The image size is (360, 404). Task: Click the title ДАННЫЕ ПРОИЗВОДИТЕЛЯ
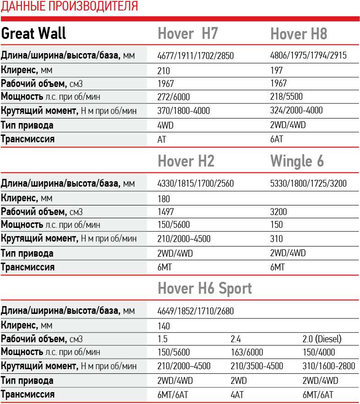pos(69,6)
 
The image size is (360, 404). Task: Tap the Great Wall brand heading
pos(34,33)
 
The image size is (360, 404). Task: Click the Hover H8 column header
pos(299,34)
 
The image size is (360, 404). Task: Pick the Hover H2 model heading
pos(186,161)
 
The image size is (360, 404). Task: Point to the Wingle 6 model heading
pos(297,161)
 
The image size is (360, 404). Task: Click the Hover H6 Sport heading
pos(205,288)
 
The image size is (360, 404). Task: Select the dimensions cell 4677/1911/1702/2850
pos(196,56)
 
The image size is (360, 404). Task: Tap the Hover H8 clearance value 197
pos(277,70)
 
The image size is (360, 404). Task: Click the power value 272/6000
pos(173,97)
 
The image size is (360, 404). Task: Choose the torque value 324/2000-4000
pos(296,110)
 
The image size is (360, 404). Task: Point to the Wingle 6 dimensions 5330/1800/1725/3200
pos(308,184)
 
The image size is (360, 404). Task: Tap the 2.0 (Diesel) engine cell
pos(322,339)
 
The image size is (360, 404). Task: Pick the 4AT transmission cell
pos(237,395)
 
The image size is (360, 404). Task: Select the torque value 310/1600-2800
pos(329,366)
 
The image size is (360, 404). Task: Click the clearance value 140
pos(163,326)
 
